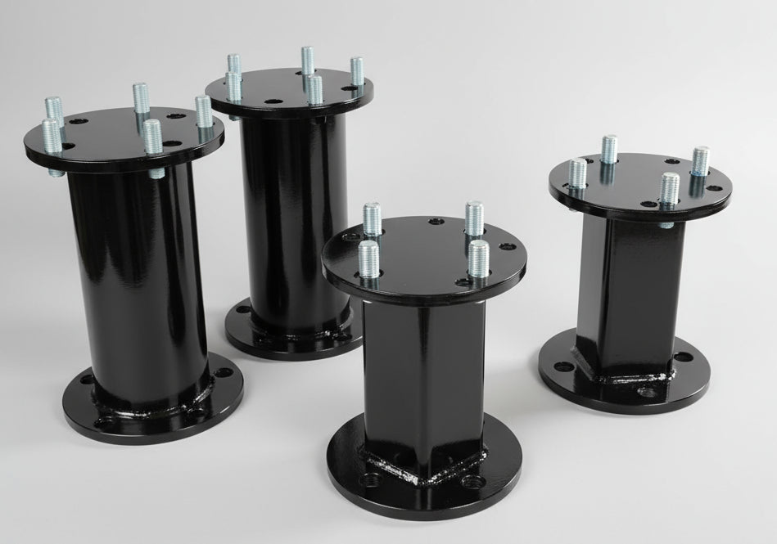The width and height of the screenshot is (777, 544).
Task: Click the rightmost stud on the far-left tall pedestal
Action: (x=204, y=112)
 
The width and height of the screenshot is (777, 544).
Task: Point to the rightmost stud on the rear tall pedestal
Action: (x=357, y=72)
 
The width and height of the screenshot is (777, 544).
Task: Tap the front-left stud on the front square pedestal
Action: (x=368, y=258)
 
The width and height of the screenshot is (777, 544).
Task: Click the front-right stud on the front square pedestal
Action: (x=479, y=257)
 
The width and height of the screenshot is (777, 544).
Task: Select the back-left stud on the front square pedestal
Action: (x=372, y=218)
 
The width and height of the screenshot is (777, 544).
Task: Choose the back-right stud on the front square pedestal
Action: (x=474, y=217)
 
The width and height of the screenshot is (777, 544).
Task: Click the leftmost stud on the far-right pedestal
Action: (x=578, y=173)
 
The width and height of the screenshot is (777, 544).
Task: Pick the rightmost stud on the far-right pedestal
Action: (x=700, y=161)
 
